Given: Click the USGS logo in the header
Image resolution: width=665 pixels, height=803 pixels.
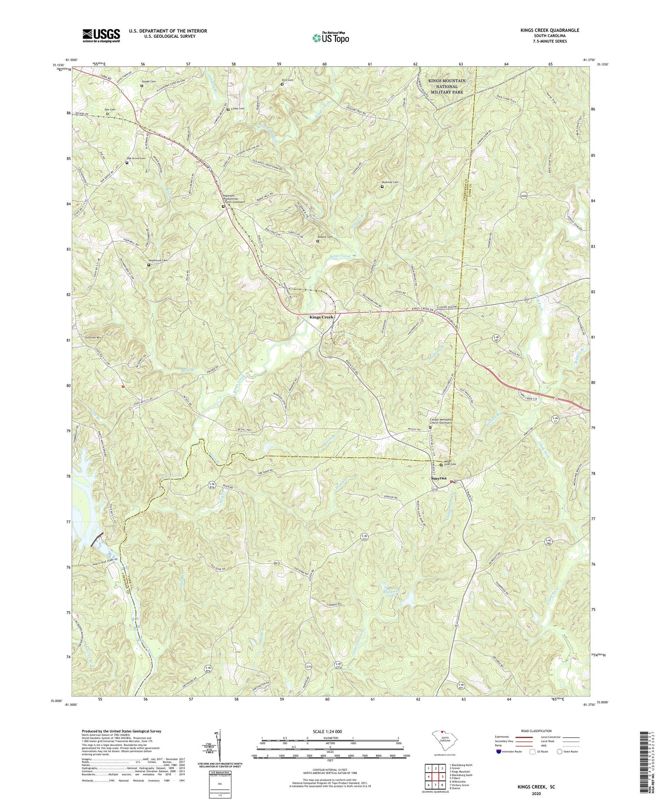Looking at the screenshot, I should [101, 35].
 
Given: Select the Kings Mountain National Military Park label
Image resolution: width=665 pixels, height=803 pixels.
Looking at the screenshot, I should [446, 86].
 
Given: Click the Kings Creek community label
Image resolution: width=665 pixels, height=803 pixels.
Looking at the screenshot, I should [321, 317].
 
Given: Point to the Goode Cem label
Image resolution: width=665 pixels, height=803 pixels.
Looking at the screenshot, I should [148, 81].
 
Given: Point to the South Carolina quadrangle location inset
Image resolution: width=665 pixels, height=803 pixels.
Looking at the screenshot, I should [441, 741].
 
